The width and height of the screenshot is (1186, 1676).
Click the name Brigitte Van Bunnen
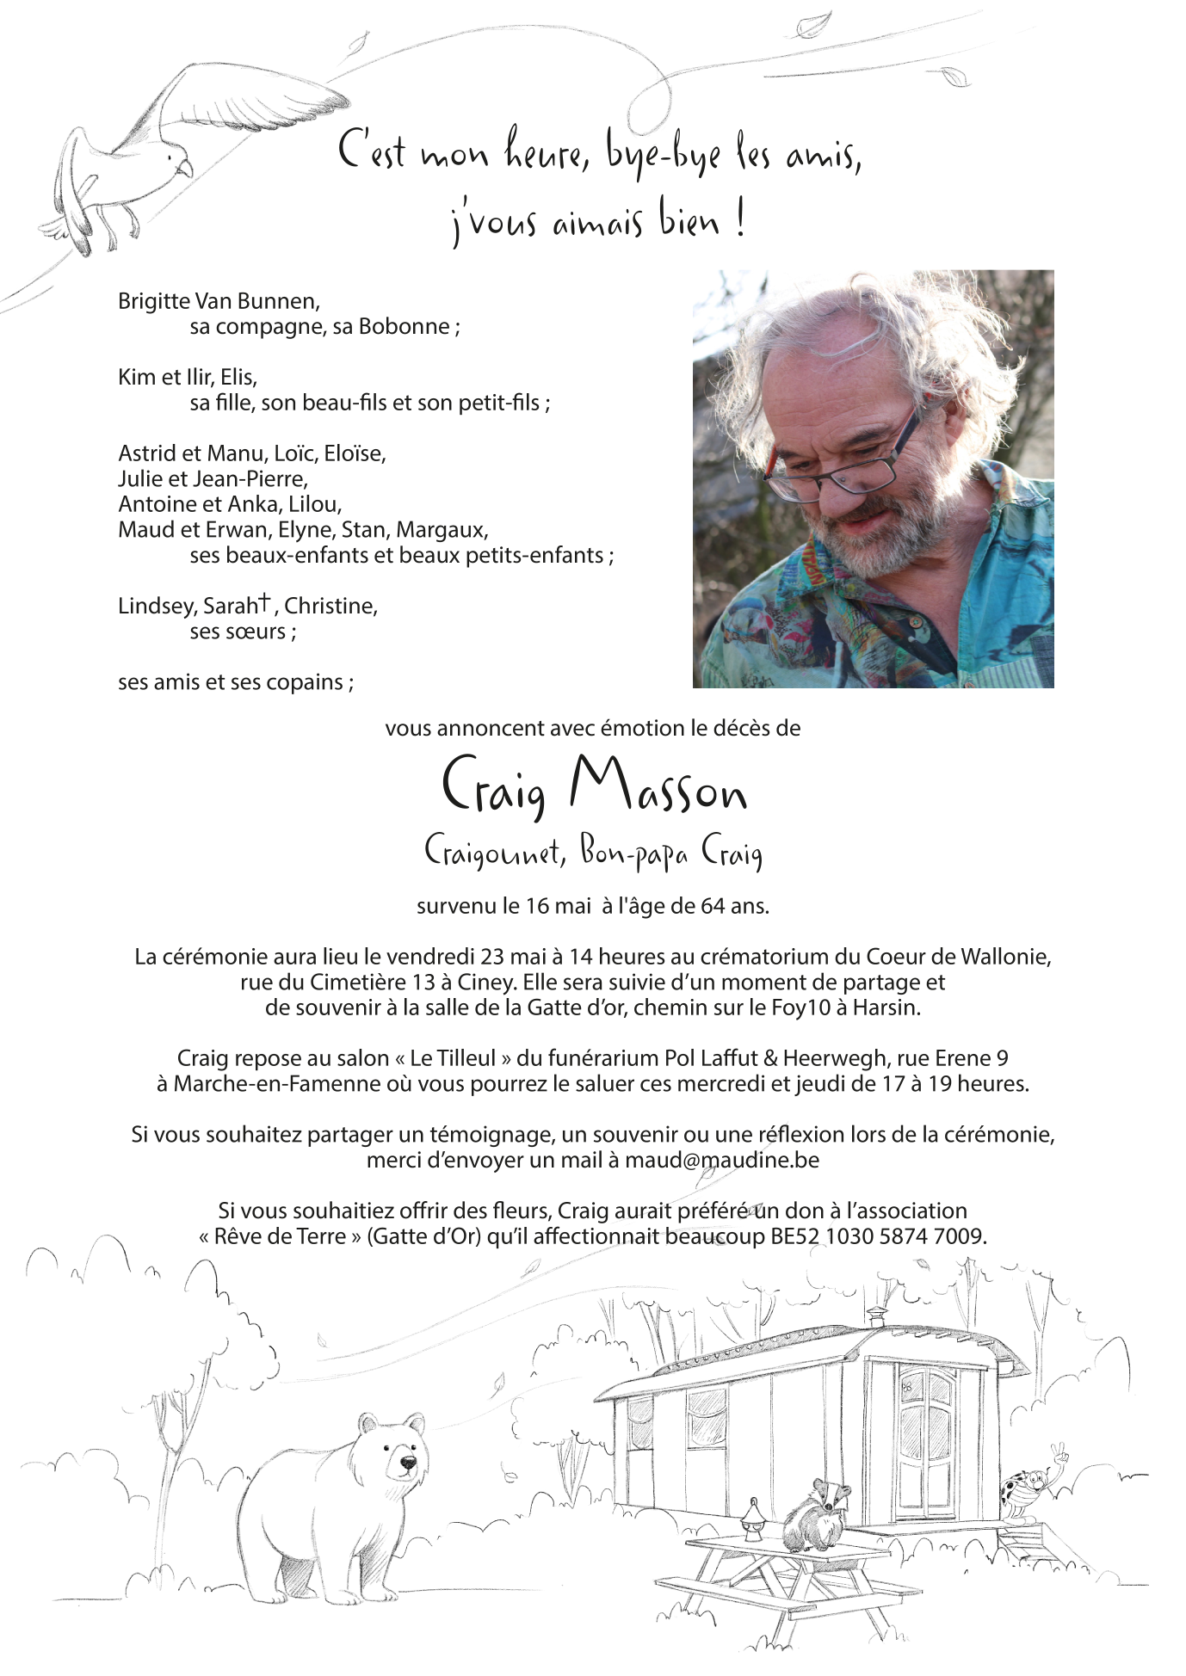219,301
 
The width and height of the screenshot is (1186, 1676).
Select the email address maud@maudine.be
721,1160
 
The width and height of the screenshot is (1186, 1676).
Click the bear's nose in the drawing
409,1462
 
